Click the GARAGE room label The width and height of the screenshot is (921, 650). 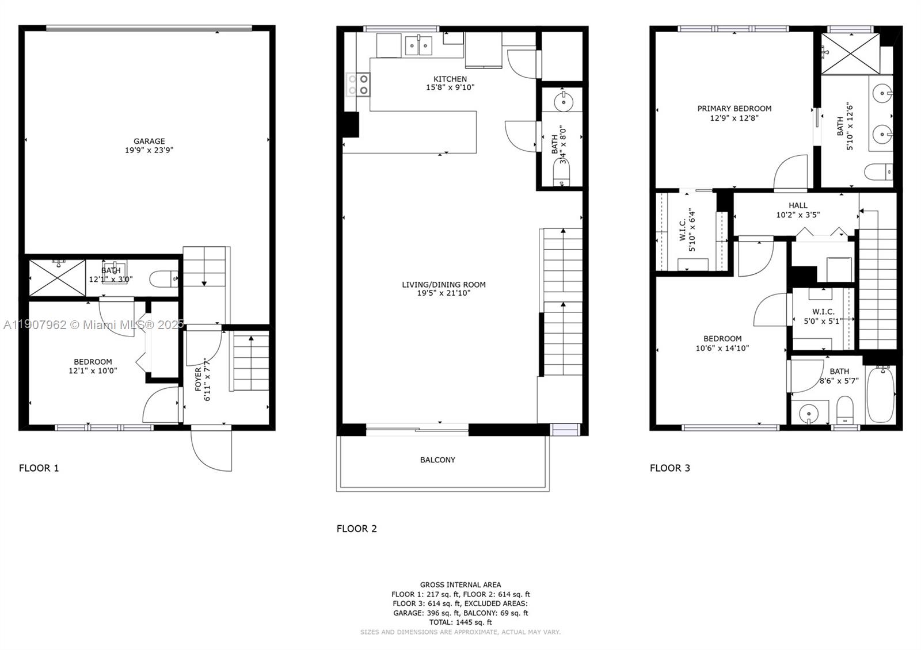point(149,141)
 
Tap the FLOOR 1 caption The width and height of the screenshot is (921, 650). point(39,468)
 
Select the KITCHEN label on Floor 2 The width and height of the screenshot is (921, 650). point(450,79)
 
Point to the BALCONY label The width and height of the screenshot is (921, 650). point(437,460)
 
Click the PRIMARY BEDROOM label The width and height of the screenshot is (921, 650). point(734,109)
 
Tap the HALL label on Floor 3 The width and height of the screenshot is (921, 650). point(798,205)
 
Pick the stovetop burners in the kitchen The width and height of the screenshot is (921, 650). point(358,84)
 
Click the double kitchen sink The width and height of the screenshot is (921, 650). point(418,45)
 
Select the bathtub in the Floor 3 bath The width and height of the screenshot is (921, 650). point(880,395)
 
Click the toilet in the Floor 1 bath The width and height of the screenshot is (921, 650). point(163,279)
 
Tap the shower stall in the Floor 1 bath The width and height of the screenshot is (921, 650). point(58,278)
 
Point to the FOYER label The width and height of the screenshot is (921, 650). point(198,379)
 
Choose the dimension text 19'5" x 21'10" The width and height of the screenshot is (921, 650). point(444,293)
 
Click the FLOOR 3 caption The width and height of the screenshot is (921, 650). point(670,468)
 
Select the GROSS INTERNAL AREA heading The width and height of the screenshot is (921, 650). point(461,584)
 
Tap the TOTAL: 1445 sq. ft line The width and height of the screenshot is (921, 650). point(461,622)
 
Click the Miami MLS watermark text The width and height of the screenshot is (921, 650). point(94,324)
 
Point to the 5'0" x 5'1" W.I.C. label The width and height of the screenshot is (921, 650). point(823,322)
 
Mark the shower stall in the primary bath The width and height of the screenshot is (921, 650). point(850,53)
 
